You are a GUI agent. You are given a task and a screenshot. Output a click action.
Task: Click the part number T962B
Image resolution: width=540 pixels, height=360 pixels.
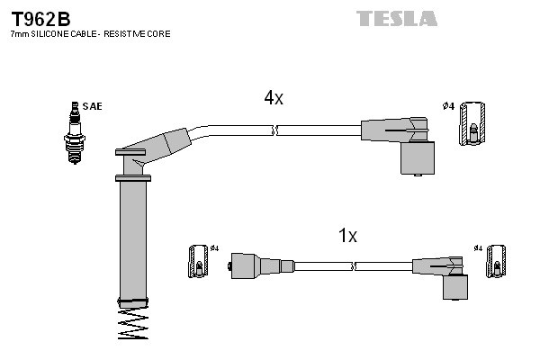(x=41, y=18)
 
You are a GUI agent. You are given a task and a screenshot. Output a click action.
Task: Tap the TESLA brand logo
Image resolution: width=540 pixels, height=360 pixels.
(x=396, y=18)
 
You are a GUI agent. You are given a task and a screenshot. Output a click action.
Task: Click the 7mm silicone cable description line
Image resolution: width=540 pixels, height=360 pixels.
(x=90, y=33)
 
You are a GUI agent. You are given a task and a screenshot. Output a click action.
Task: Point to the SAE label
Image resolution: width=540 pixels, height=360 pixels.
(x=92, y=106)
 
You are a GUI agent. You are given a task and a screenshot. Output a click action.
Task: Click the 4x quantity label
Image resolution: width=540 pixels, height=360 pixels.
(x=274, y=99)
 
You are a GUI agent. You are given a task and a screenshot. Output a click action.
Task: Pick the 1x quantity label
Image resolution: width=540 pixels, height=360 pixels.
(x=347, y=236)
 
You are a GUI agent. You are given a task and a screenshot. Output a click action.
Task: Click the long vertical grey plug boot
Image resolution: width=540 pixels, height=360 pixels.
(x=133, y=238)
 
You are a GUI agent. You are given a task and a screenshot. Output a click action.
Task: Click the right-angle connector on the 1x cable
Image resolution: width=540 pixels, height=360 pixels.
(x=446, y=274)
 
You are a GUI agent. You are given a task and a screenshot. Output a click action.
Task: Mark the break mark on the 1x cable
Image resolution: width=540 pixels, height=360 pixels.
(x=355, y=266)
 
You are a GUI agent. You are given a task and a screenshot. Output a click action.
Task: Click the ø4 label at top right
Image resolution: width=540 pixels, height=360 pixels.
(x=447, y=107)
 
